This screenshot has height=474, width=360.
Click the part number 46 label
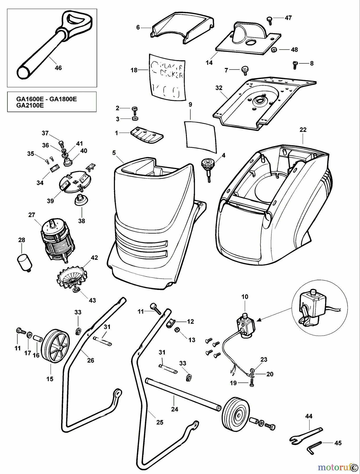(x=58, y=68)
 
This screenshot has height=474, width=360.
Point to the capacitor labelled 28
(x=24, y=261)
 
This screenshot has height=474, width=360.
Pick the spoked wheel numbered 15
(x=56, y=346)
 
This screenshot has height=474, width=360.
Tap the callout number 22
(x=303, y=130)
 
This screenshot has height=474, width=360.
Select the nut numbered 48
(x=274, y=49)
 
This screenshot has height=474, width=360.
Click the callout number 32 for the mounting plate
(x=219, y=88)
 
